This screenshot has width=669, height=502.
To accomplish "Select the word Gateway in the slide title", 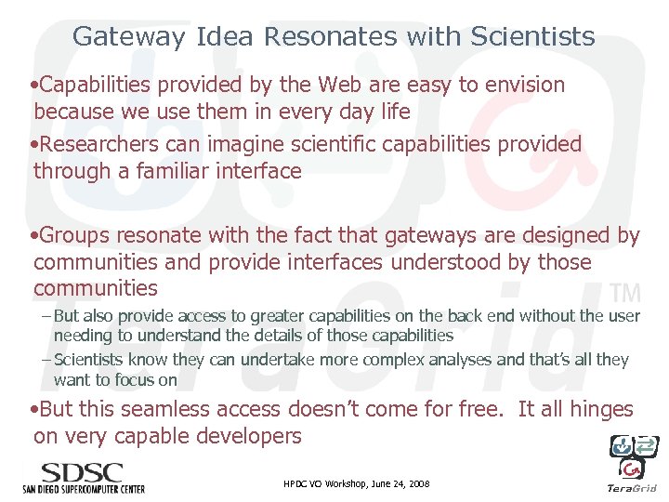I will click(x=129, y=36).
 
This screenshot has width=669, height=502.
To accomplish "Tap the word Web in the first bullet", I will click(x=339, y=85).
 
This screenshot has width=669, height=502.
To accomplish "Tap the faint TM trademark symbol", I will click(x=627, y=294).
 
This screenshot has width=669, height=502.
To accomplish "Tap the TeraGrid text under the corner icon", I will click(x=631, y=488).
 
